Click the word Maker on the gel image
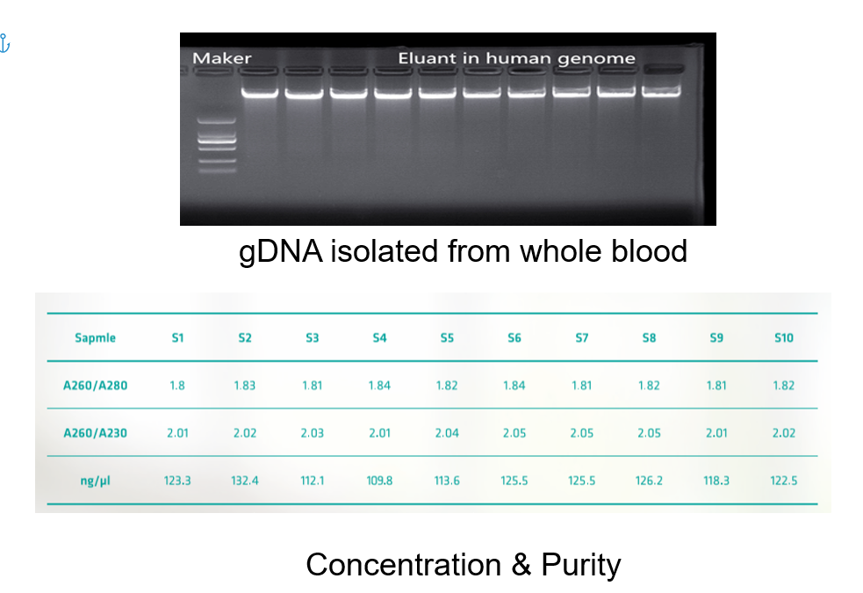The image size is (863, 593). pyautogui.click(x=222, y=58)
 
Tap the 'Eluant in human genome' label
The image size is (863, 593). pyautogui.click(x=517, y=58)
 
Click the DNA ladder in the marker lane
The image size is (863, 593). pyautogui.click(x=217, y=145)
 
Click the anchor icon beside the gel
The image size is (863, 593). pyautogui.click(x=4, y=43)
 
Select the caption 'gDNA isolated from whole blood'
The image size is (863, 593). pyautogui.click(x=463, y=251)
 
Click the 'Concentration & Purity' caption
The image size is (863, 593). pyautogui.click(x=464, y=564)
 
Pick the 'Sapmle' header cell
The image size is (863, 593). pyautogui.click(x=95, y=337)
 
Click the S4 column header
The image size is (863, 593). pyautogui.click(x=380, y=337)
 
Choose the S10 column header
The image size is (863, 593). pyautogui.click(x=784, y=337)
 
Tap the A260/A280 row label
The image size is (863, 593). pyautogui.click(x=95, y=386)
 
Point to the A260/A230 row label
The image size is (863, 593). pyautogui.click(x=95, y=433)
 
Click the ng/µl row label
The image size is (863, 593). pyautogui.click(x=95, y=481)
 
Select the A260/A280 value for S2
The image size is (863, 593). pyautogui.click(x=244, y=386)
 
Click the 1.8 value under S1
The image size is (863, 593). pyautogui.click(x=177, y=386)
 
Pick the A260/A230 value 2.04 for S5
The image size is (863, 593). pyautogui.click(x=447, y=433)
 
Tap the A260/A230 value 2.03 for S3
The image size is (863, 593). pyautogui.click(x=312, y=433)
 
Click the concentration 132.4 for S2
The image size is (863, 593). pyautogui.click(x=244, y=481)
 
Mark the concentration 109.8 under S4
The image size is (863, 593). pyautogui.click(x=380, y=481)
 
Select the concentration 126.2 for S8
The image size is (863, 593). pyautogui.click(x=649, y=481)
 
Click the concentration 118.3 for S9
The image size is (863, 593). pyautogui.click(x=716, y=481)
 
